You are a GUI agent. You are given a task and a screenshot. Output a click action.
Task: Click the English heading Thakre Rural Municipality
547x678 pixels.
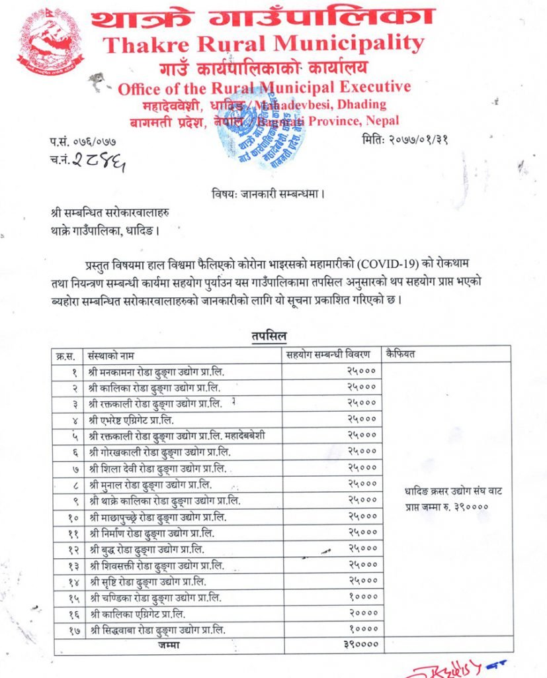click(x=263, y=44)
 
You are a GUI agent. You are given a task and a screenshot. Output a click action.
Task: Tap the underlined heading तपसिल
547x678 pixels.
click(x=269, y=336)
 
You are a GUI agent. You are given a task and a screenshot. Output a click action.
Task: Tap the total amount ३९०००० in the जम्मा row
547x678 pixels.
click(x=359, y=644)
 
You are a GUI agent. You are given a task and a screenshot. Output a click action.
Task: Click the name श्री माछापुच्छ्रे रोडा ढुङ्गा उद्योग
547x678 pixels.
click(x=156, y=517)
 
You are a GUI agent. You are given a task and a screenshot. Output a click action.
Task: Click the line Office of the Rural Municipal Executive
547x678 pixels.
click(x=263, y=88)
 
